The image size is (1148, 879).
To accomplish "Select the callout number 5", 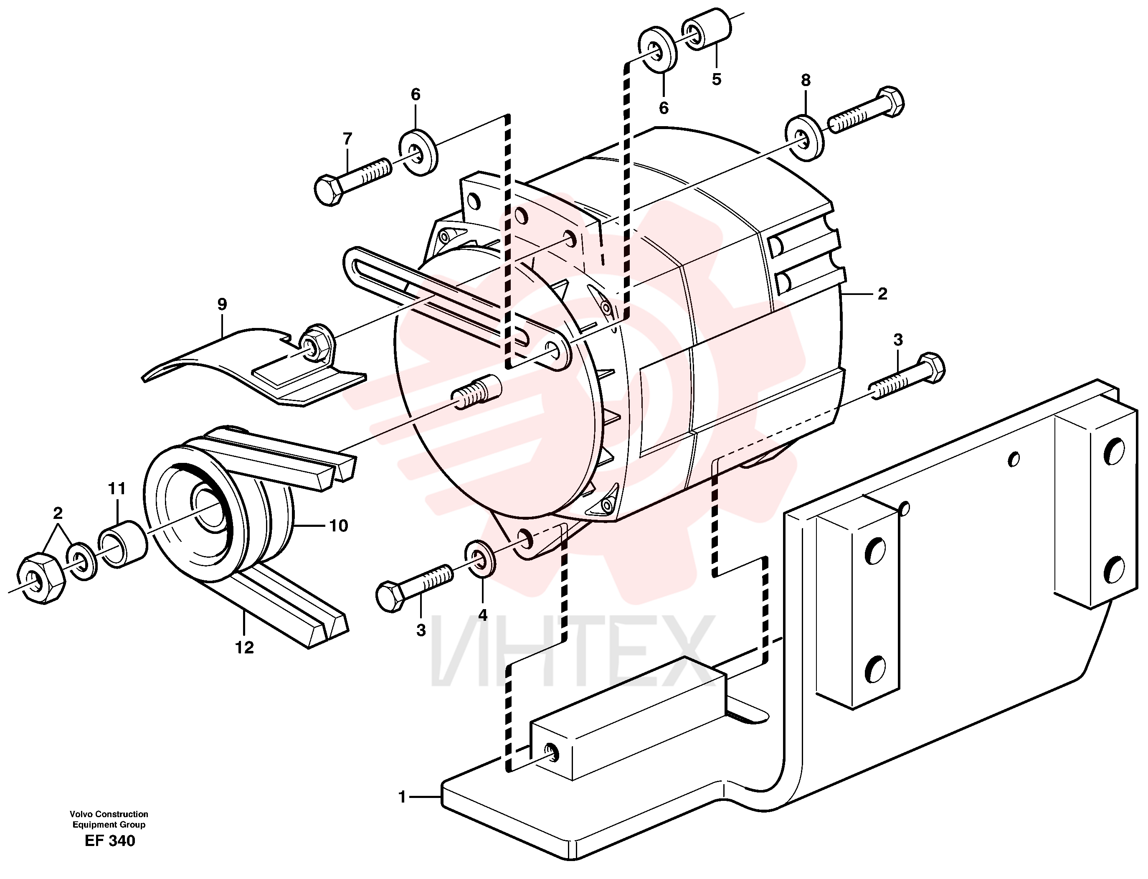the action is click(716, 79).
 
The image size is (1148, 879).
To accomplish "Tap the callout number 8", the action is click(806, 80).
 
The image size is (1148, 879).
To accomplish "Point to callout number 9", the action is click(222, 304).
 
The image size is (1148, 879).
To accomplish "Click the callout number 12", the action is click(244, 647).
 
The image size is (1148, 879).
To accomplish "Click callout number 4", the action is click(482, 615).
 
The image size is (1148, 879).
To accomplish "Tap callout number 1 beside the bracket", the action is click(402, 798).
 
